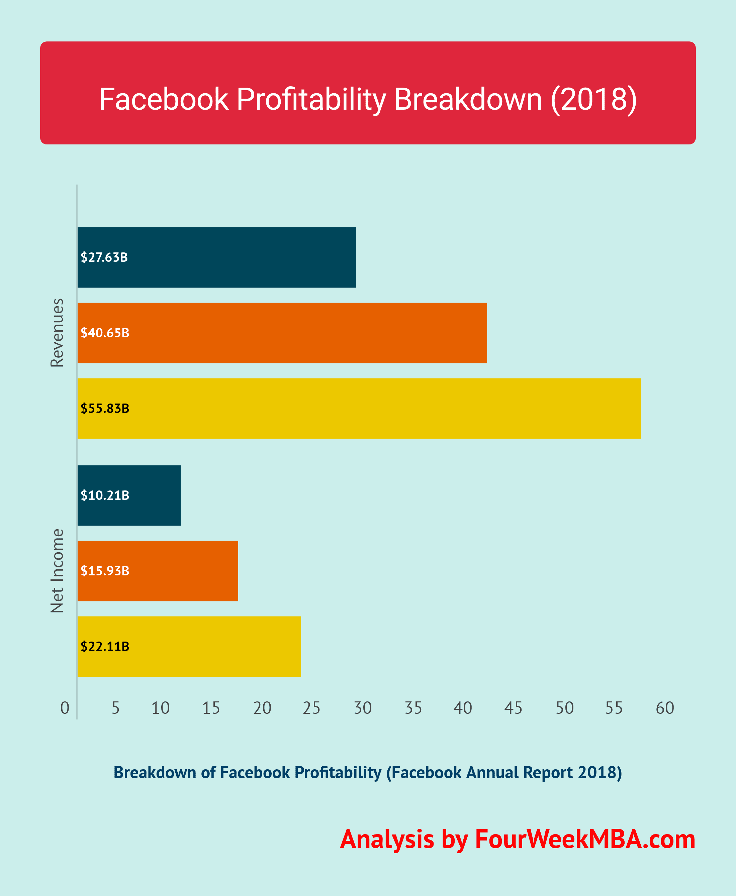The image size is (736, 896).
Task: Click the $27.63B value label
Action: click(104, 257)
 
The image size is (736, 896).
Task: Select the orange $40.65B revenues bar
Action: click(282, 333)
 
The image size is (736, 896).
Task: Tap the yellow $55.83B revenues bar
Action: click(359, 409)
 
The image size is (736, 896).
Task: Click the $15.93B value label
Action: click(105, 571)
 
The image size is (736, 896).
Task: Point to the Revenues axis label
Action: click(57, 333)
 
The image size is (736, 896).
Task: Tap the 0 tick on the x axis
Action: click(65, 708)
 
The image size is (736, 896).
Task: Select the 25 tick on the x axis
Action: click(311, 708)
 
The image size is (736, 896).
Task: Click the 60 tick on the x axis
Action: click(665, 708)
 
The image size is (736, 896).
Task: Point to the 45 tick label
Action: click(513, 708)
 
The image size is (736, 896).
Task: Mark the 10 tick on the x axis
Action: click(160, 708)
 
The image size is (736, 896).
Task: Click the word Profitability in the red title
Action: click(311, 99)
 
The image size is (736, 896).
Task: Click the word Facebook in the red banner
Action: click(164, 99)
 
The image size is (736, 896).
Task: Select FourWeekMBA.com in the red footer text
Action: click(585, 839)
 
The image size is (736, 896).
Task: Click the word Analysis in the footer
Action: click(387, 839)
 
